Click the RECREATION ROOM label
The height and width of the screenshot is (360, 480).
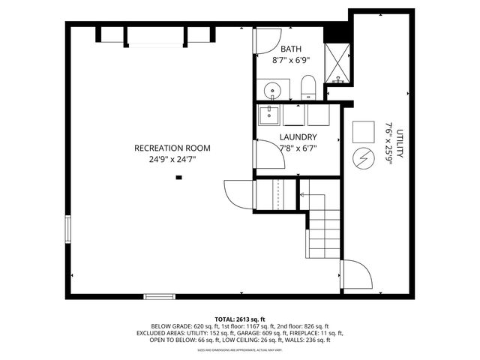[172, 148]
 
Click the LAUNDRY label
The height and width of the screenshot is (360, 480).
[298, 137]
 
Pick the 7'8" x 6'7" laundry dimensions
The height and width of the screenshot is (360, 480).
[298, 148]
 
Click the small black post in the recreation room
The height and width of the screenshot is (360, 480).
[178, 178]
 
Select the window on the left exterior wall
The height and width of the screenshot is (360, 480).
[67, 229]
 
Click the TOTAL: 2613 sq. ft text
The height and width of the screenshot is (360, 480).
[240, 319]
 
